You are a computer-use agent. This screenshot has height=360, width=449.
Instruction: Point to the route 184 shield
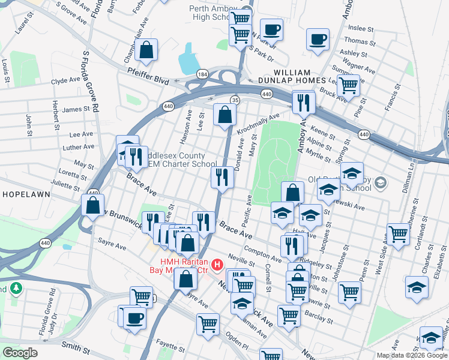coord(203,74)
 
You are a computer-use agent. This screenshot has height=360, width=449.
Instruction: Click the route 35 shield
coord(235,100)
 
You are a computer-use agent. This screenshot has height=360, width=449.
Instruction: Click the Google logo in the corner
coord(20,353)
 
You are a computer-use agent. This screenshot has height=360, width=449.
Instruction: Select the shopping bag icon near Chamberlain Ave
coord(146,50)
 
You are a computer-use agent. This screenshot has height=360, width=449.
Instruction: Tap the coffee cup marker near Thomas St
coord(317,39)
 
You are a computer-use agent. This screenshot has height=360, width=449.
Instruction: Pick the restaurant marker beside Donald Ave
coord(222,177)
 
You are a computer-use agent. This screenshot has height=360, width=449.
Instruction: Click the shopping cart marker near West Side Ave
coord(397,234)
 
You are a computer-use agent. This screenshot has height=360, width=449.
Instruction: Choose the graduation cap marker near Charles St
coord(417,286)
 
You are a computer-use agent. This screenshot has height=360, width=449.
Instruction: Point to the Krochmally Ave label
coord(258,124)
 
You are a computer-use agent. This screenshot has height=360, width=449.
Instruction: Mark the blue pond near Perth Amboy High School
coord(189,58)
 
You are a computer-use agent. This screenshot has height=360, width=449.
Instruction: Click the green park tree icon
coord(14,289)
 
